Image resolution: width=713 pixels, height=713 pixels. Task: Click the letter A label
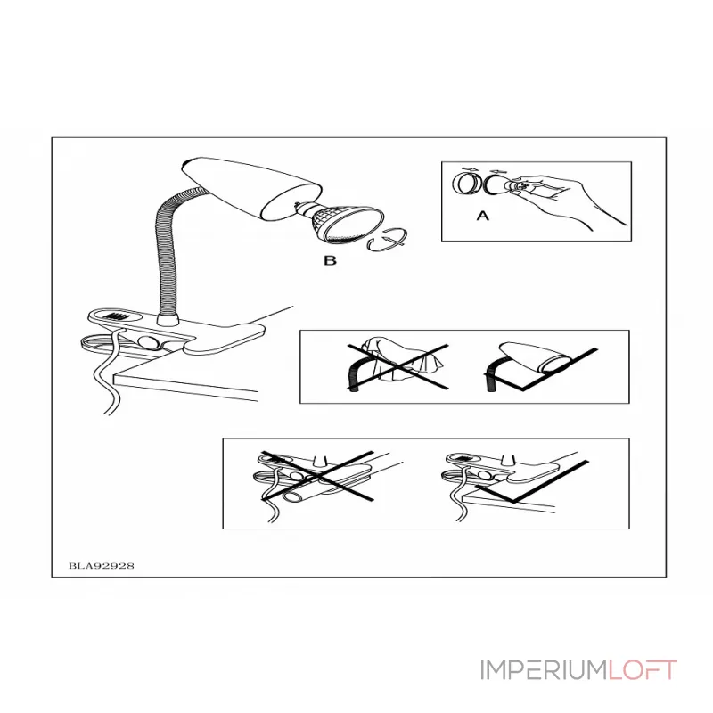482,215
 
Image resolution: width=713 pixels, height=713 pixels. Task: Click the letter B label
330,260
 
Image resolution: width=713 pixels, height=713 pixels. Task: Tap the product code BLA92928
102,566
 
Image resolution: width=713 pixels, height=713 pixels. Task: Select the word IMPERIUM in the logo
544,670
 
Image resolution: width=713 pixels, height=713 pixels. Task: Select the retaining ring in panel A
466,184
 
